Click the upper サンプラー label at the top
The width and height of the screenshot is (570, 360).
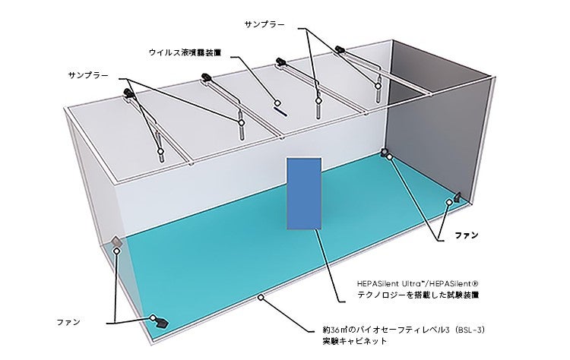click(264, 24)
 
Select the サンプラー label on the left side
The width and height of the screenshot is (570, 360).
click(88, 76)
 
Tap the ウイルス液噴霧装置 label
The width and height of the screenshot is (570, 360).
click(185, 53)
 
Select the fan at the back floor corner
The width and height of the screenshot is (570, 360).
click(385, 153)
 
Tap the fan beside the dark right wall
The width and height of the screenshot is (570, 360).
click(458, 197)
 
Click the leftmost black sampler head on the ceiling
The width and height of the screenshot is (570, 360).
click(127, 93)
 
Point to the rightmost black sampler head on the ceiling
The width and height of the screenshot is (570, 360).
click(340, 49)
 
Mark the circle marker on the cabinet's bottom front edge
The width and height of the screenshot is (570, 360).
click(261, 298)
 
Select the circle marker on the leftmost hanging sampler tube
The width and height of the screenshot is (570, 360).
click(160, 151)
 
